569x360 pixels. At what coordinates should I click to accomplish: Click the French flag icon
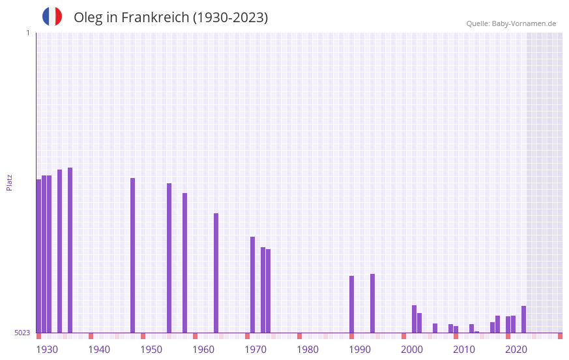click(52, 17)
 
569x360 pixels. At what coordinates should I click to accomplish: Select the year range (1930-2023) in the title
click(230, 18)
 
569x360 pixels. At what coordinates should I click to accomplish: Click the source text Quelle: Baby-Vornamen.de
click(511, 23)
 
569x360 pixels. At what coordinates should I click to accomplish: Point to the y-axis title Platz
click(9, 182)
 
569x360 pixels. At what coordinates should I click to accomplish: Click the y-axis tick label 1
click(27, 33)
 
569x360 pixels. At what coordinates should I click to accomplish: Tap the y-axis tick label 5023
click(22, 333)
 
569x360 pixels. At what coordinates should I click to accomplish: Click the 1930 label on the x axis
click(47, 350)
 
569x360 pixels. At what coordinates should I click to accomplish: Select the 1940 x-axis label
click(99, 350)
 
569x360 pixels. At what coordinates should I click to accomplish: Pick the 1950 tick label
click(151, 350)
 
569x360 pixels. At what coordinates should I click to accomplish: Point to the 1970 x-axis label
click(255, 350)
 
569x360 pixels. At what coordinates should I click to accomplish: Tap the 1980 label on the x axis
click(308, 350)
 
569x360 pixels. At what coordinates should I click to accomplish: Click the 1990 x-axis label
click(360, 350)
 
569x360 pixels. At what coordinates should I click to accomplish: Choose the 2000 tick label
click(412, 350)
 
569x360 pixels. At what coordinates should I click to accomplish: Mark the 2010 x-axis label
click(464, 350)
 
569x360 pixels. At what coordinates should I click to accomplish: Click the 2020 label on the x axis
click(516, 350)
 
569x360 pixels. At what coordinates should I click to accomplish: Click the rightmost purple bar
click(523, 319)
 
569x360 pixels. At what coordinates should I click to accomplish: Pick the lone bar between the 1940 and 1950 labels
click(132, 255)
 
